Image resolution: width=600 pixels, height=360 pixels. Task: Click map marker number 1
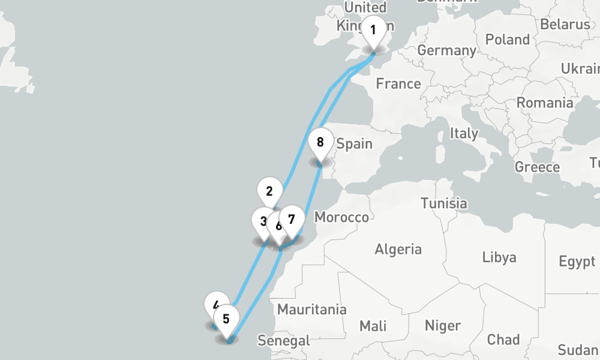pos(373,30)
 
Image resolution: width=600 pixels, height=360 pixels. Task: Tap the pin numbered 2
pos(269,192)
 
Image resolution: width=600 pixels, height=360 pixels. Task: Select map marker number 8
pos(320,143)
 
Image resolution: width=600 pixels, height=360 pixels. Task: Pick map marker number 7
pos(292,219)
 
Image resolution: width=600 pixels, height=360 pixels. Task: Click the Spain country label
pos(355,144)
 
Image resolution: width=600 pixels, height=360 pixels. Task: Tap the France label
pos(398,84)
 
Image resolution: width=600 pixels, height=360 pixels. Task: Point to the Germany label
pos(446,50)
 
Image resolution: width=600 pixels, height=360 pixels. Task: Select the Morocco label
pos(341,217)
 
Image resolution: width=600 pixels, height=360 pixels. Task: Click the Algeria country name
pos(398,249)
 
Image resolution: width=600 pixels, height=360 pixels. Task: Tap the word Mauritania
pos(312,310)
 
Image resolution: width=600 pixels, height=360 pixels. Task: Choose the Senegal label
pos(284,341)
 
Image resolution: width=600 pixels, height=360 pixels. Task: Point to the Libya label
pos(499,258)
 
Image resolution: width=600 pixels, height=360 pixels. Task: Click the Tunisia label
pos(444,203)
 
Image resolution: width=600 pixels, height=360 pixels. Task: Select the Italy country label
pos(464,133)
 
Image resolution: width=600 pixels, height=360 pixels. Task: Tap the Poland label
pos(508,40)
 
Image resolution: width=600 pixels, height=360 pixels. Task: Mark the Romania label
pos(545,103)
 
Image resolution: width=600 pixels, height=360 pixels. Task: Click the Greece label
pos(537,167)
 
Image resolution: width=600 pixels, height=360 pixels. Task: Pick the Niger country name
pos(442,326)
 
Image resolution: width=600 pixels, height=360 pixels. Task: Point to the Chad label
pos(503,340)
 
